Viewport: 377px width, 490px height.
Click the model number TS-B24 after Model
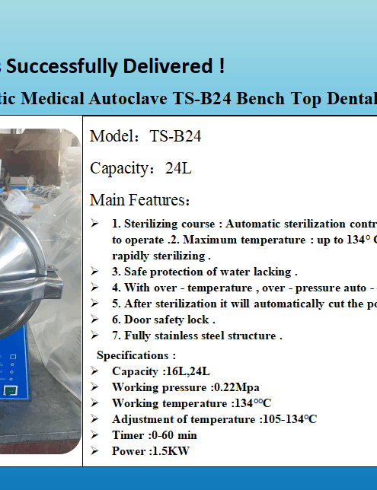point(175,137)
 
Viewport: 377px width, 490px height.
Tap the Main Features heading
point(140,200)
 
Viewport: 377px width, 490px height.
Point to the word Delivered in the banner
point(178,66)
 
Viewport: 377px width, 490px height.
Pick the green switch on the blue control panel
point(9,390)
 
